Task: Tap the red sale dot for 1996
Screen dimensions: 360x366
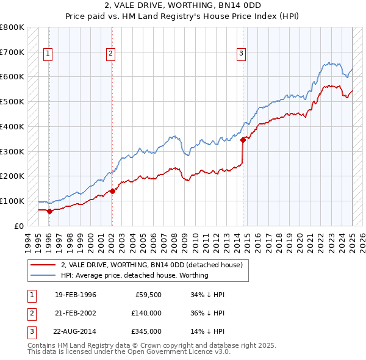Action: tap(49, 211)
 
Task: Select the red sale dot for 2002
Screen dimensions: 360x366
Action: tap(112, 191)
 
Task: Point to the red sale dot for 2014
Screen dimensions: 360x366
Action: tap(243, 140)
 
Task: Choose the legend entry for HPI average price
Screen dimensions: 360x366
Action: tap(134, 275)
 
